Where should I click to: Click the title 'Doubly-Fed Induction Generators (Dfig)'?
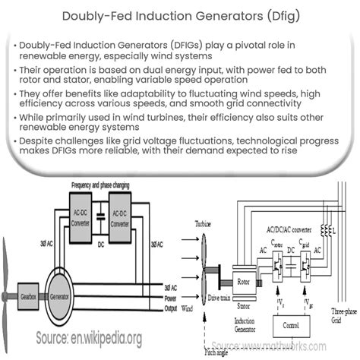[x=180, y=16]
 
